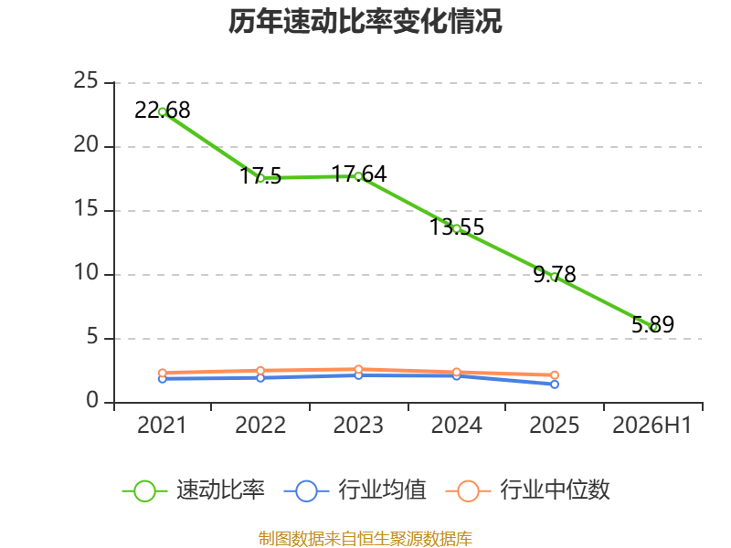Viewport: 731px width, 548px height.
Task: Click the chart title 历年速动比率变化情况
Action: (x=365, y=21)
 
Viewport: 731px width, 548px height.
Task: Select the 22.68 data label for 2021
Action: (x=163, y=111)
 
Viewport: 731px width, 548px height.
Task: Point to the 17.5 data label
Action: (x=260, y=176)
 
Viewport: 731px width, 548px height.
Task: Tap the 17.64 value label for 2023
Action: (x=358, y=174)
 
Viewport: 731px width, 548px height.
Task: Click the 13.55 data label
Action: (x=456, y=227)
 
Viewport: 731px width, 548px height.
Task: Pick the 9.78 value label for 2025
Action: (x=555, y=275)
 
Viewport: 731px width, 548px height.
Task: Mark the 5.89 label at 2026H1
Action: (x=652, y=324)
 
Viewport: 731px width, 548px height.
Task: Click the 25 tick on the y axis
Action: (x=86, y=81)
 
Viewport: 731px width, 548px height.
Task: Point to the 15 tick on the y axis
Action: (x=86, y=209)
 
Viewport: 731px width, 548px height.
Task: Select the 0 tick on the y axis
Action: (x=92, y=401)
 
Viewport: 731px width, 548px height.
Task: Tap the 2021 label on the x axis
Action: (x=162, y=425)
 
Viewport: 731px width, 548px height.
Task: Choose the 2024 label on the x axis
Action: (x=456, y=425)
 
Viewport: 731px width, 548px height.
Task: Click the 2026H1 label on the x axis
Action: (x=652, y=425)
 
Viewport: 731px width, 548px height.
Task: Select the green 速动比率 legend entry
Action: (x=194, y=490)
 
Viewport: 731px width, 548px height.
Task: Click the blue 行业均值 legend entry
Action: (x=355, y=490)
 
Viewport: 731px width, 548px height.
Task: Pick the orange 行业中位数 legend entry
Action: (x=528, y=490)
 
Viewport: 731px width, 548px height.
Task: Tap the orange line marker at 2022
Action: (x=260, y=371)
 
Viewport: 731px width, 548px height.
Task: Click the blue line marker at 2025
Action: (x=555, y=385)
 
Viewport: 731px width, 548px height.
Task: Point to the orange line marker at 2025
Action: (x=555, y=375)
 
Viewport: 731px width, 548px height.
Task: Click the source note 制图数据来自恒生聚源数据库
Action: (x=365, y=539)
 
